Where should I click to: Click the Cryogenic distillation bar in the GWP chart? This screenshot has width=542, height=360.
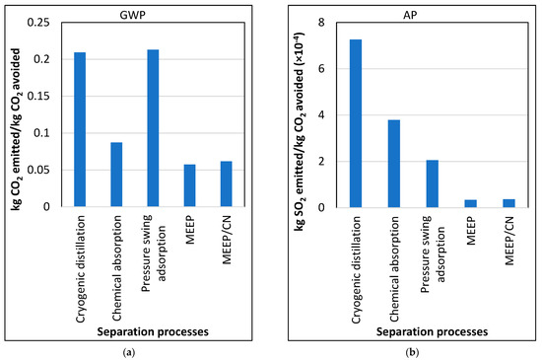80,129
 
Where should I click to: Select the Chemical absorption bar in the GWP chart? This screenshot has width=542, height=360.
116,175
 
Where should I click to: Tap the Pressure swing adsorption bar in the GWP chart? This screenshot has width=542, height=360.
153,128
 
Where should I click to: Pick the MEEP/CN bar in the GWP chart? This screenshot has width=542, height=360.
226,184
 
